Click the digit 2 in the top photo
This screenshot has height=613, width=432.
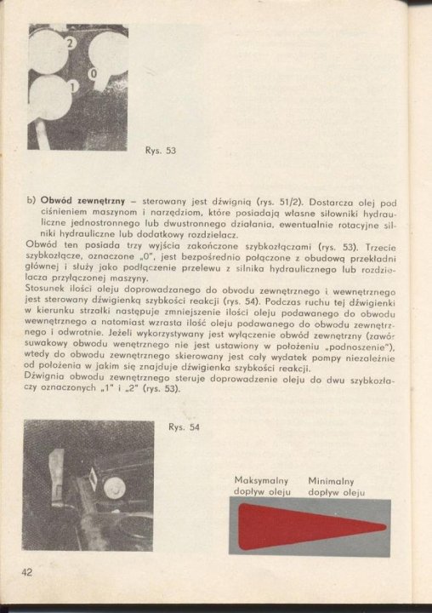[71, 42]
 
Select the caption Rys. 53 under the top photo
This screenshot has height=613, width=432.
[162, 151]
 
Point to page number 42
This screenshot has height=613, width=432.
[26, 572]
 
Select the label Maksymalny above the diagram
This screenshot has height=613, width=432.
[261, 480]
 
